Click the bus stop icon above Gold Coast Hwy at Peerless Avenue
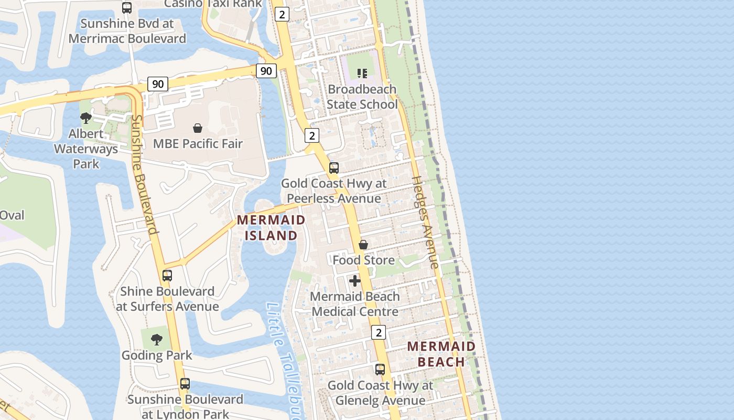coord(334,168)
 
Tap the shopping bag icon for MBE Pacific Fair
coord(198,128)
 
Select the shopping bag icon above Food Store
coord(363,245)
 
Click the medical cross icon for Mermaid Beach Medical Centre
coord(355,281)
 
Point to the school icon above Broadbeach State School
coord(362,73)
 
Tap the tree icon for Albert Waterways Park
coord(86,118)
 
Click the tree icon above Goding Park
coord(157,340)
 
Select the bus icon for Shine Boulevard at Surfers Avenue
coord(167,276)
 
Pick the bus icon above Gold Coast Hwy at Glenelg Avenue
coord(380,370)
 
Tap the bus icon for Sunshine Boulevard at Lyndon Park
coord(185,384)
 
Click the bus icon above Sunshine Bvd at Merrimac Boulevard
coord(127,8)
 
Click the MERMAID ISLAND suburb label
coord(271,227)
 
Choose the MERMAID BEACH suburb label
coord(441,354)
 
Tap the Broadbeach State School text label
coord(362,97)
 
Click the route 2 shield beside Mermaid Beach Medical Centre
coord(379,332)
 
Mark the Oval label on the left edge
coord(12,215)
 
